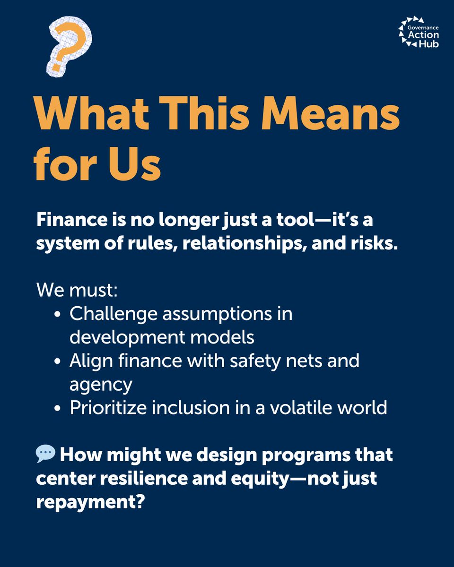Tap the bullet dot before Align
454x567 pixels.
57,362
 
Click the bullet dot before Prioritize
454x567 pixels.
57,409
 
